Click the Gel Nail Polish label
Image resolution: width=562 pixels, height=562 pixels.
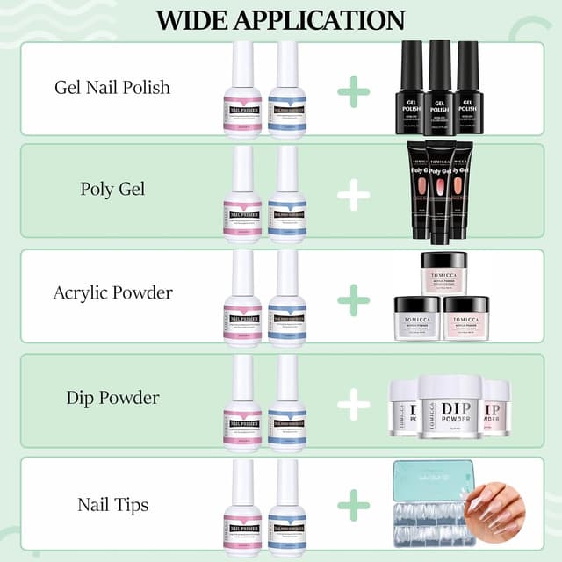click(112, 88)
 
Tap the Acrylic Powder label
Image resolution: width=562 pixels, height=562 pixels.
click(112, 293)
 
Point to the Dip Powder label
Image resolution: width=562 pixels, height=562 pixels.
click(112, 398)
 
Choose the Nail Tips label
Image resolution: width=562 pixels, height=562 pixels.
click(112, 504)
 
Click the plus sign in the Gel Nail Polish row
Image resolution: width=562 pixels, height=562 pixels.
click(353, 91)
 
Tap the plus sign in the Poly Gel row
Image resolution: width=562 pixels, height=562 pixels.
click(353, 195)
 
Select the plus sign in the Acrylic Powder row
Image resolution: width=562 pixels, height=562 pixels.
click(353, 299)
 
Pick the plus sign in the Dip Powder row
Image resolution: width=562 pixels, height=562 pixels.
click(353, 404)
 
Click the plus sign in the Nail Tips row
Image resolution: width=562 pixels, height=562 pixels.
click(353, 506)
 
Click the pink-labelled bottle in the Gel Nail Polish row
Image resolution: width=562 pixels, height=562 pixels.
click(242, 92)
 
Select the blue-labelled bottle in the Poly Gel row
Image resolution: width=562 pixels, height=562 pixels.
click(287, 198)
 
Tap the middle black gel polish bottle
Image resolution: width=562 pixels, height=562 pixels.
click(439, 88)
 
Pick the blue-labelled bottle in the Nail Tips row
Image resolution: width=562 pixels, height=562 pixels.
click(287, 509)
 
